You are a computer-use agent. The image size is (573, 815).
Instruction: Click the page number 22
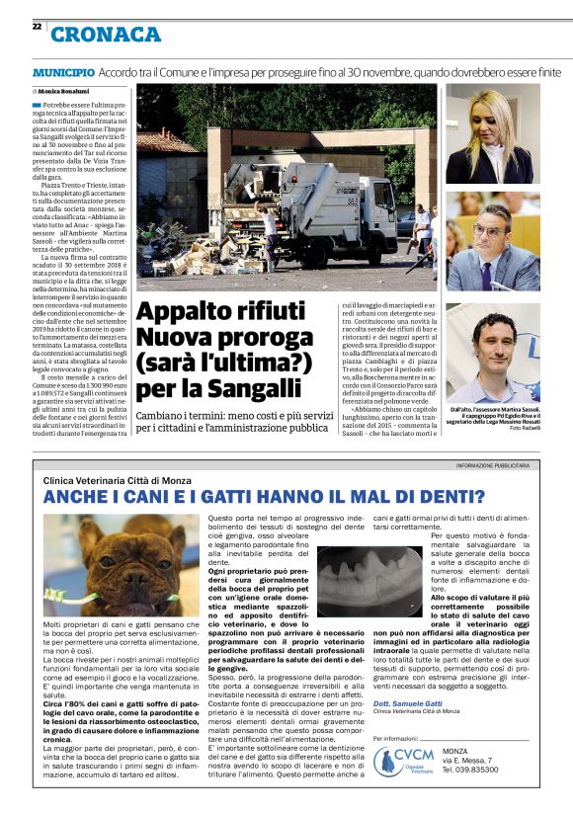pos(36,27)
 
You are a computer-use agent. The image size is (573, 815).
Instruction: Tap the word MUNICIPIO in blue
pos(63,73)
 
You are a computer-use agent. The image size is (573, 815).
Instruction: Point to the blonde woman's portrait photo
pos(491,134)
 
